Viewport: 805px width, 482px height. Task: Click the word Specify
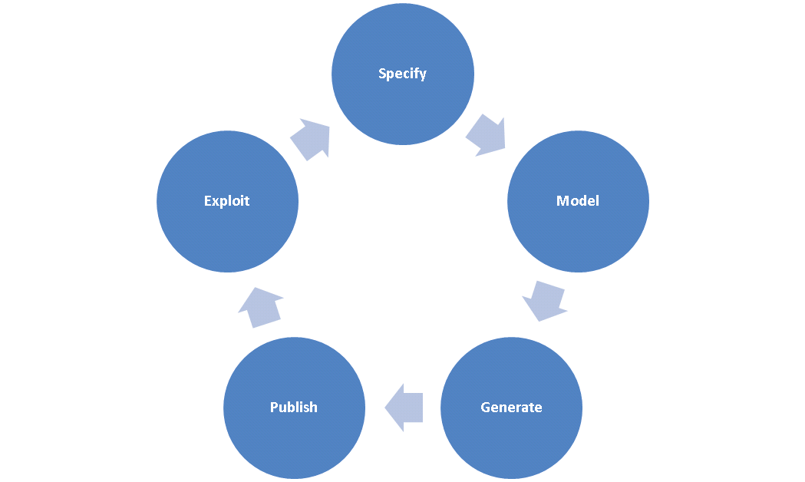pos(402,74)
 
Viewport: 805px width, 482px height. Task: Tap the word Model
pos(577,201)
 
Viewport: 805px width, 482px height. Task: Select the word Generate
pos(511,407)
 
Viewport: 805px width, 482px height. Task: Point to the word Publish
pos(293,407)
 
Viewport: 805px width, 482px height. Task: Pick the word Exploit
pos(226,201)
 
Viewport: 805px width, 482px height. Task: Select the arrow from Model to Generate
pos(545,300)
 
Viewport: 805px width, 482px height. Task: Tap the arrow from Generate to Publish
pos(403,407)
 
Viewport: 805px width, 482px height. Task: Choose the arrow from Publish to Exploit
pos(259,306)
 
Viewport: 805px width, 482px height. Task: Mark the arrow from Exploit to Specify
pos(311,138)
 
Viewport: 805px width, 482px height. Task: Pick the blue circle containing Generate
pos(511,445)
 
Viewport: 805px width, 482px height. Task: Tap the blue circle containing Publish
pos(293,445)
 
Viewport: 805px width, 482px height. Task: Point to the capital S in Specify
pos(382,74)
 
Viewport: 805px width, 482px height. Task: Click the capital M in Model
pos(562,201)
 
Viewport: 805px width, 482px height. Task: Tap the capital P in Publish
pos(274,407)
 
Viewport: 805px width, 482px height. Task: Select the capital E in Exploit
pos(208,201)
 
